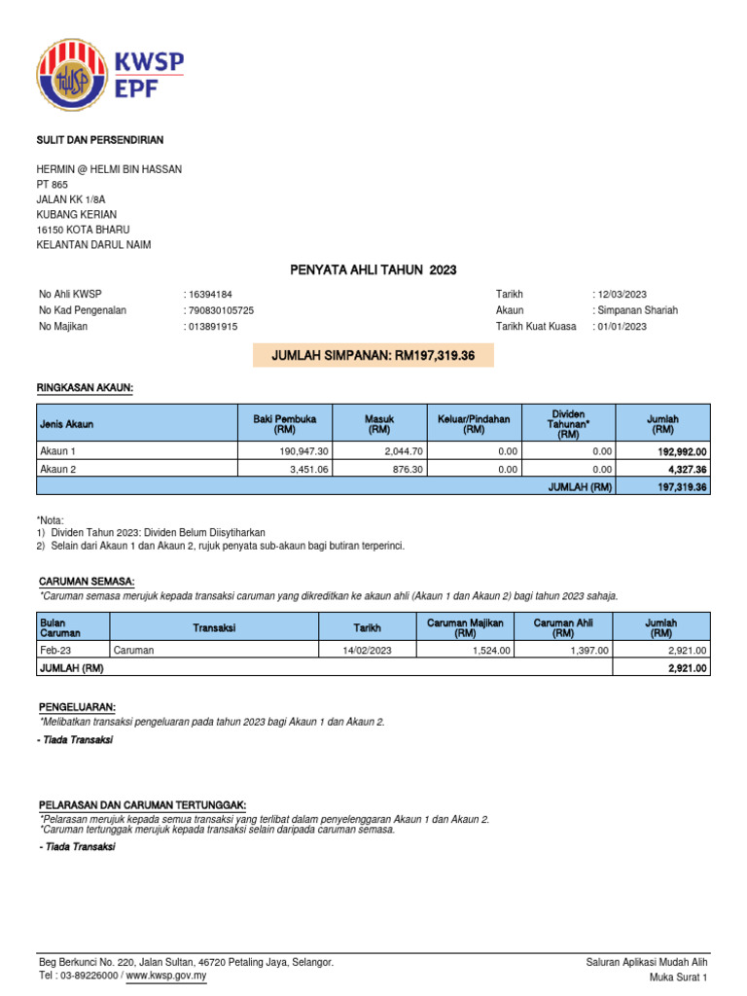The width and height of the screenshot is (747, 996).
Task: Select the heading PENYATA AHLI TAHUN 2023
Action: (373, 269)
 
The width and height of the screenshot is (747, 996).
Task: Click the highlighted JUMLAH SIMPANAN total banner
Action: (373, 356)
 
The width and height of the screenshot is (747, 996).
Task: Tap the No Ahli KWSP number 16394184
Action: (210, 295)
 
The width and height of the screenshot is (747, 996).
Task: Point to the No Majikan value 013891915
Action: (212, 326)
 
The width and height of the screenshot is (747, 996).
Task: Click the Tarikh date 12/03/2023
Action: (622, 295)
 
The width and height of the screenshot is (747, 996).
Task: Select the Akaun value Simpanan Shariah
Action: (638, 310)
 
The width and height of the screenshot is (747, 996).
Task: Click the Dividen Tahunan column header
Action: (568, 423)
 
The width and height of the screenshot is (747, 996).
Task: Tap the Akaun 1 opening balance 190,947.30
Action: (303, 451)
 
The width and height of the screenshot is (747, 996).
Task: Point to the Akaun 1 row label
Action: (57, 451)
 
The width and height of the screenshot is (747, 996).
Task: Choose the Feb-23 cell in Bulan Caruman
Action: (54, 650)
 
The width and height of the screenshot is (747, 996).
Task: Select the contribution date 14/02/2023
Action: (367, 650)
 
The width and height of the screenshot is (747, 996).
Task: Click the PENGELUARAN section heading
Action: (77, 706)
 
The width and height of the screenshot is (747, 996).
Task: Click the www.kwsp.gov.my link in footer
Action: (166, 976)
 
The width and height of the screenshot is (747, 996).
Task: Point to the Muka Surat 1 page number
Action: (679, 977)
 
